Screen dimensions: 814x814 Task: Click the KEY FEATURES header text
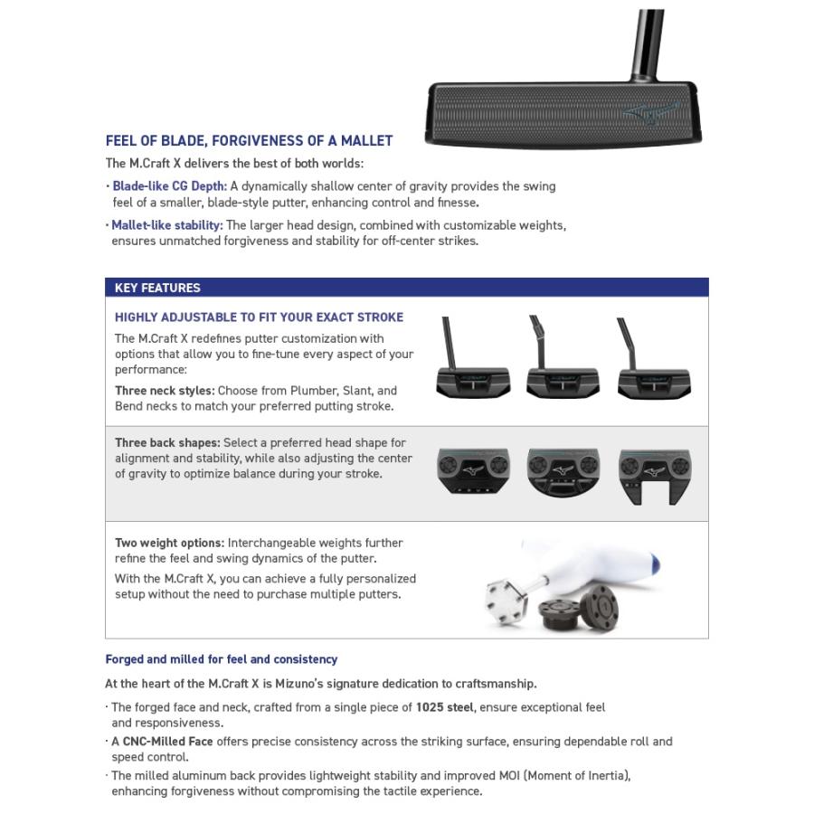pyautogui.click(x=157, y=288)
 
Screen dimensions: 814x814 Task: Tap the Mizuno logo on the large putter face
pyautogui.click(x=650, y=111)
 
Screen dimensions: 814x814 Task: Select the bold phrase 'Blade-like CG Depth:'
pyautogui.click(x=169, y=186)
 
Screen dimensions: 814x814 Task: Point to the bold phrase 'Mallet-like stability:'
pyautogui.click(x=167, y=225)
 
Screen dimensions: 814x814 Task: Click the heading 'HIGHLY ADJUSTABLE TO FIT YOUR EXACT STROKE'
pyautogui.click(x=259, y=317)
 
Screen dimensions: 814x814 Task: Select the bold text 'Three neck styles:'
pyautogui.click(x=165, y=391)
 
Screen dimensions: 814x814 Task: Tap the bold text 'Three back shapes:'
pyautogui.click(x=167, y=443)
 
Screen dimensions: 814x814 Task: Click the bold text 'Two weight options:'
pyautogui.click(x=169, y=543)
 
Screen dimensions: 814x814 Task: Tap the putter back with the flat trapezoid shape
pyautogui.click(x=472, y=471)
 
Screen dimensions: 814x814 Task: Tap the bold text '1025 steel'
pyautogui.click(x=445, y=707)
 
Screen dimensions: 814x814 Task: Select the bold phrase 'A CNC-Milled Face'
pyautogui.click(x=162, y=742)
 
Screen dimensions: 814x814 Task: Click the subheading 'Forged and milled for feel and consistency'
pyautogui.click(x=222, y=659)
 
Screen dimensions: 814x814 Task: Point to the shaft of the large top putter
pyautogui.click(x=650, y=41)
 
